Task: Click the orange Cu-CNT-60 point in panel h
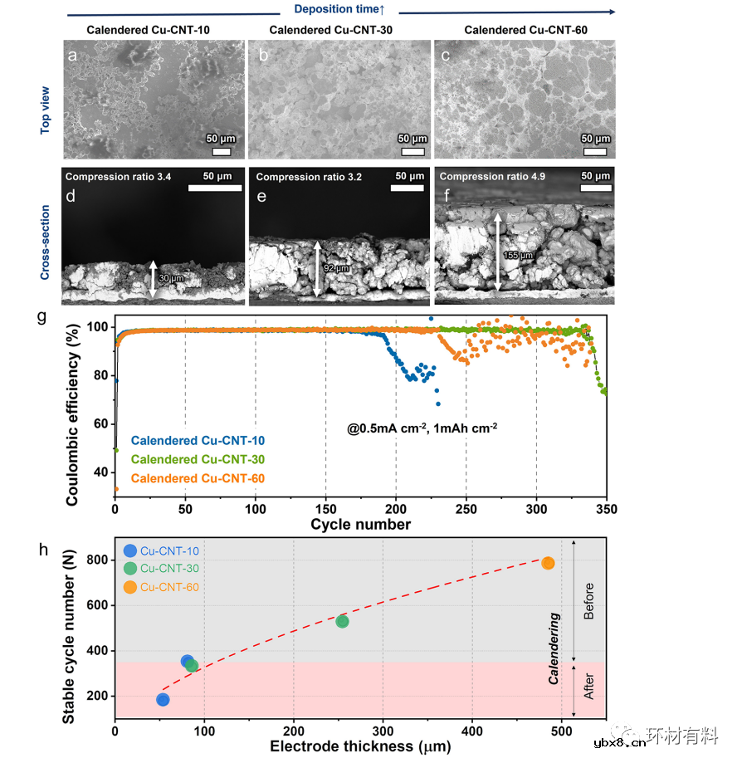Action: point(548,563)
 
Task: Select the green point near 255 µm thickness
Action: point(342,621)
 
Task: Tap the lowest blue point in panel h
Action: point(163,699)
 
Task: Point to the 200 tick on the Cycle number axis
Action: point(396,509)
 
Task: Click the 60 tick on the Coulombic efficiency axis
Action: point(104,423)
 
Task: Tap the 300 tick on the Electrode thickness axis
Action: point(383,731)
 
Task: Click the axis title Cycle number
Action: point(360,525)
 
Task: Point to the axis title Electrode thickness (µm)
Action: point(360,746)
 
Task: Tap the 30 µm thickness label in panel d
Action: point(172,278)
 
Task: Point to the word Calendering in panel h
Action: point(554,648)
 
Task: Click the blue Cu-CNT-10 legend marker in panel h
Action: point(129,550)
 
